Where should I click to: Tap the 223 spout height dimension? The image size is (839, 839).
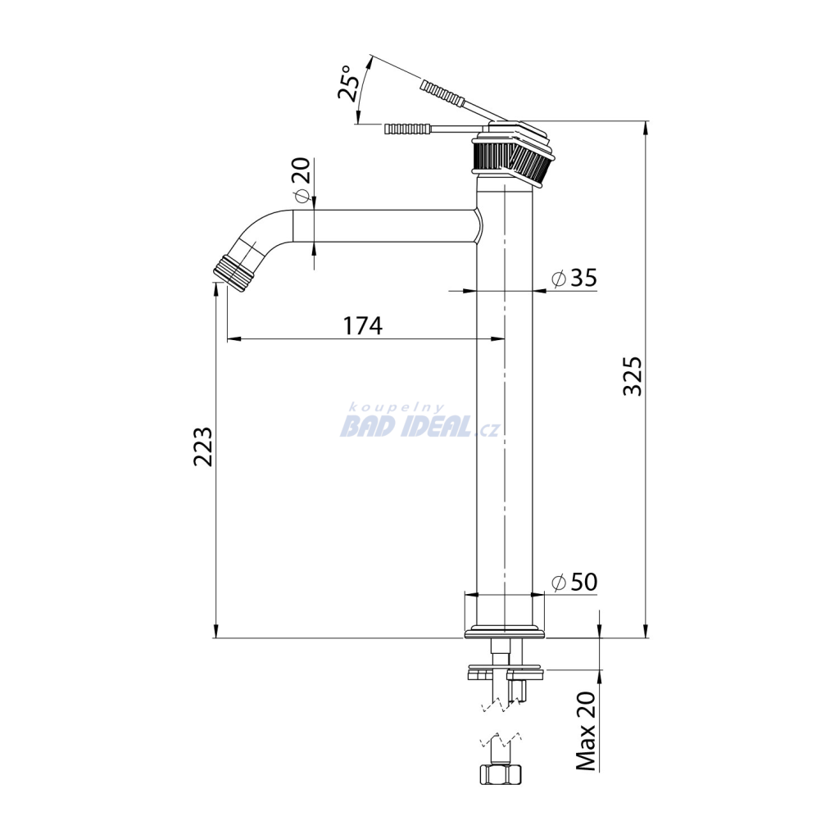pyautogui.click(x=203, y=447)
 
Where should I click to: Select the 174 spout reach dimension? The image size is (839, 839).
pyautogui.click(x=363, y=325)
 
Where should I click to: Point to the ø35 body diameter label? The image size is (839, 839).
pyautogui.click(x=574, y=278)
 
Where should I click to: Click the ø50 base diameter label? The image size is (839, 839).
pyautogui.click(x=574, y=582)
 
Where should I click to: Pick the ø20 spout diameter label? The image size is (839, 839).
pyautogui.click(x=302, y=180)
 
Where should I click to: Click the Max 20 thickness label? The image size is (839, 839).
pyautogui.click(x=586, y=731)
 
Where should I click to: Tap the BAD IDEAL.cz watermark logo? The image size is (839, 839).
pyautogui.click(x=420, y=423)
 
